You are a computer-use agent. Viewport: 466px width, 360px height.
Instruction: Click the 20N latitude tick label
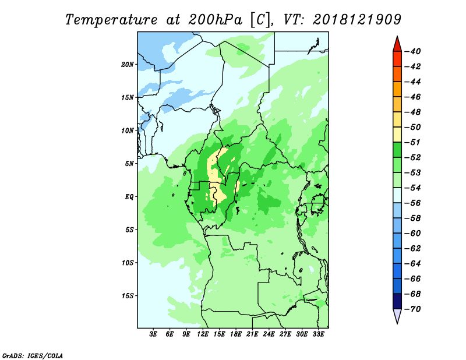(x=128, y=65)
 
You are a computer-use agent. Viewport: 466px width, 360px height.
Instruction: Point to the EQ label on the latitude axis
(x=129, y=197)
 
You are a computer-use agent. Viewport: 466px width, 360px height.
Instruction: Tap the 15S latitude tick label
(x=128, y=296)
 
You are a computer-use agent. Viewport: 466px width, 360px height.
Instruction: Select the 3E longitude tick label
(x=153, y=334)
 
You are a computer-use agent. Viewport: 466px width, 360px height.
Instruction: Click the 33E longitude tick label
(x=318, y=334)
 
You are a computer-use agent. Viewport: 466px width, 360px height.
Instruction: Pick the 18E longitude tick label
(x=236, y=334)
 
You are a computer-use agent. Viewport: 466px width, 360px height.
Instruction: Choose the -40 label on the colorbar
(x=413, y=51)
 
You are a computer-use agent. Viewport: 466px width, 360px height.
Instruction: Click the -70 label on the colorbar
(x=413, y=309)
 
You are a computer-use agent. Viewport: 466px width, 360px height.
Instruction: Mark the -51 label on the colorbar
(x=413, y=142)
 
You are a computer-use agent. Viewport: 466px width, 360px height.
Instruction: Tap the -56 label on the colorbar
(x=413, y=203)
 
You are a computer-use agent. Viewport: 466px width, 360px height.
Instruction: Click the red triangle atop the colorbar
(x=397, y=44)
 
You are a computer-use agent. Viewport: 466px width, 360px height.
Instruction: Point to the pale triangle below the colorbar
(x=397, y=316)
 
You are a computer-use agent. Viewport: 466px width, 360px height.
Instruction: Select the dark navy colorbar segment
(x=397, y=301)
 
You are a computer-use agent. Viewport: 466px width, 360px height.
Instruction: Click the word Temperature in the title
(x=111, y=20)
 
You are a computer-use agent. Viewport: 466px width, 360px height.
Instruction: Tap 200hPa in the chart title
(x=215, y=20)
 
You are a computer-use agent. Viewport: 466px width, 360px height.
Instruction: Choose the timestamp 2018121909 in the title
(x=357, y=20)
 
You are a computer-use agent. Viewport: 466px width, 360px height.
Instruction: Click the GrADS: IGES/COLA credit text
(x=33, y=356)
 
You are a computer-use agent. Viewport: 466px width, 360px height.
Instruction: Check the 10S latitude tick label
(x=128, y=263)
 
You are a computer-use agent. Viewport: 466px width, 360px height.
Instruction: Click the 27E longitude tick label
(x=285, y=334)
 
